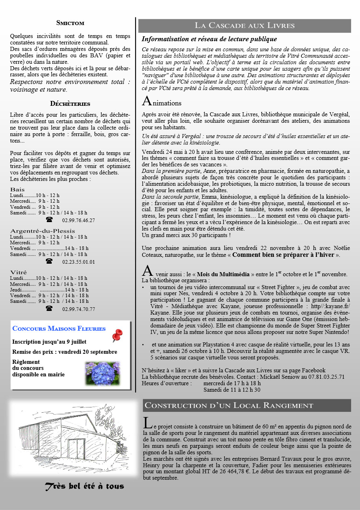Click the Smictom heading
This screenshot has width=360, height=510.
[70, 23]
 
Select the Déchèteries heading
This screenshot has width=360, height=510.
[70, 104]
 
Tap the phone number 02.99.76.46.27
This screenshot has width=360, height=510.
[79, 220]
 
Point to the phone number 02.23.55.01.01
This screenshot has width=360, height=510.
[79, 262]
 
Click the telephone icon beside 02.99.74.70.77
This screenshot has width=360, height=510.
[49, 309]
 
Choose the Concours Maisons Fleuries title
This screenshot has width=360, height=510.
[59, 328]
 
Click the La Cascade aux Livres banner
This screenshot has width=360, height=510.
[245, 25]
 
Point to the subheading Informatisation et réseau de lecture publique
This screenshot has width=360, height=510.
[209, 39]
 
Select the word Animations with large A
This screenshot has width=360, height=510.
[161, 102]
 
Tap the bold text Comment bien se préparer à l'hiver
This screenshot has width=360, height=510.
[284, 255]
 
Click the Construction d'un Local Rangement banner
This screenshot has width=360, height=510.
[229, 405]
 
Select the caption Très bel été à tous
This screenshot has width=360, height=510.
[84, 486]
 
